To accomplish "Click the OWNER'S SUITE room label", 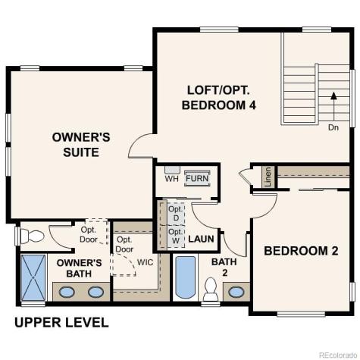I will pyautogui.click(x=81, y=144).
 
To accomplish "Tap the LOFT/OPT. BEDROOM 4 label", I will pyautogui.click(x=218, y=97).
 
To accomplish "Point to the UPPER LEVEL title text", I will pyautogui.click(x=61, y=322).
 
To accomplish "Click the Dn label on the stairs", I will pyautogui.click(x=333, y=127).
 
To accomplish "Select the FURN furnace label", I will pyautogui.click(x=197, y=179).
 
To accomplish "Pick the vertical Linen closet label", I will pyautogui.click(x=268, y=177).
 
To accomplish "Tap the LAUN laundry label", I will pyautogui.click(x=201, y=238).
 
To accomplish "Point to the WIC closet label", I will pyautogui.click(x=146, y=262).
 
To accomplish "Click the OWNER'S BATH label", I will pyautogui.click(x=80, y=268).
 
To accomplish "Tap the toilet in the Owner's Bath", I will pyautogui.click(x=31, y=236).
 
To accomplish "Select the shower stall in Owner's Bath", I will pyautogui.click(x=33, y=278).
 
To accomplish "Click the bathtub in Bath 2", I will pyautogui.click(x=186, y=278).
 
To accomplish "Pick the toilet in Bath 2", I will pyautogui.click(x=211, y=290).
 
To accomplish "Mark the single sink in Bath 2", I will pyautogui.click(x=236, y=291).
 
